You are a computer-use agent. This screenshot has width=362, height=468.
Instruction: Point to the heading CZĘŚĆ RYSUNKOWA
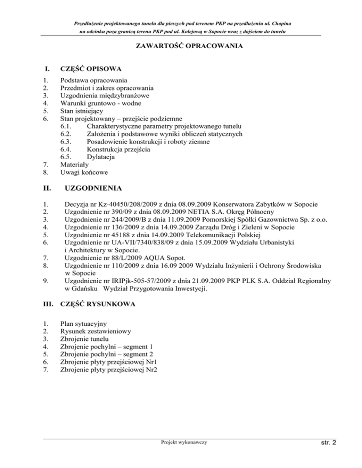[x=99, y=304]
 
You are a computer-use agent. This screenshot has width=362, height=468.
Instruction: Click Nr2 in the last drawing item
[x=152, y=370]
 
